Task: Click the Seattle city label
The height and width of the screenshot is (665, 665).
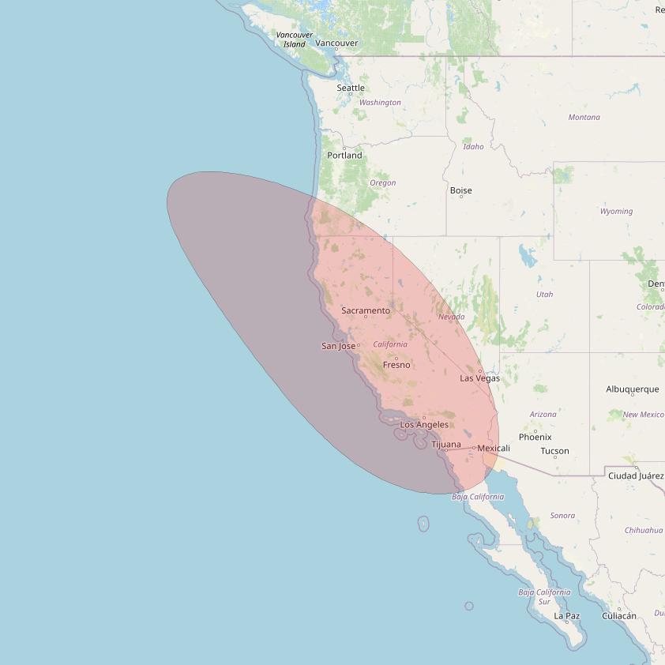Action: click(x=351, y=88)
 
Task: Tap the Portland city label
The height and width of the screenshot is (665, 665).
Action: click(x=345, y=155)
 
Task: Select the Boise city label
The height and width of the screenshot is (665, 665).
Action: click(x=460, y=190)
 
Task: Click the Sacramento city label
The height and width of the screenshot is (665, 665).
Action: click(x=366, y=310)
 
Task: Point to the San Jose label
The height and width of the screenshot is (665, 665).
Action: click(x=338, y=346)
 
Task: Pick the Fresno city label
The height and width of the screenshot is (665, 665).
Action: click(x=396, y=365)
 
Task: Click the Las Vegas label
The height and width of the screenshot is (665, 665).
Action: click(x=480, y=378)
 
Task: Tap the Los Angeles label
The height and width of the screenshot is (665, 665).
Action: click(x=424, y=425)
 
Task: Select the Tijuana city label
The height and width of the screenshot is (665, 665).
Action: click(x=446, y=445)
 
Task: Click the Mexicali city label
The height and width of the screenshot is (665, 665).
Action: click(x=494, y=448)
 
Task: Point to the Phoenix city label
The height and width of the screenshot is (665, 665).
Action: click(x=535, y=437)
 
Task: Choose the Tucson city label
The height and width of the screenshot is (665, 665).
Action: click(x=554, y=451)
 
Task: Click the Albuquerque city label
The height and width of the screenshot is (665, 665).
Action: click(x=633, y=389)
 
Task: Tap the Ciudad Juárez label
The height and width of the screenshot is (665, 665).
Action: click(x=635, y=475)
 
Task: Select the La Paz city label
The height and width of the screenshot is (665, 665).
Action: click(x=566, y=616)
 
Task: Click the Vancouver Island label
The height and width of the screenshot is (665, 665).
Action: click(x=295, y=39)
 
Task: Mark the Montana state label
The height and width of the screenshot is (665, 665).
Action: click(x=584, y=118)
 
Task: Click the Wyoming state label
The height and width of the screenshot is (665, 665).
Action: click(x=616, y=212)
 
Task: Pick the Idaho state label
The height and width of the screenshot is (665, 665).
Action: click(x=473, y=147)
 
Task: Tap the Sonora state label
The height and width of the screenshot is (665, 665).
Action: click(x=562, y=516)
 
